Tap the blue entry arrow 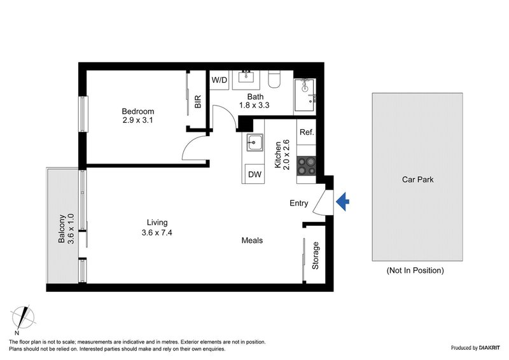(x=342, y=202)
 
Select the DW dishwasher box (x=254, y=174)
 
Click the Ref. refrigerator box (x=306, y=133)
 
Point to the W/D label (x=219, y=80)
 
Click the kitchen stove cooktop (x=306, y=165)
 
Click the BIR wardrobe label (x=198, y=102)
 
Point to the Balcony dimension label (x=67, y=228)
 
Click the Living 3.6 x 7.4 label (x=157, y=227)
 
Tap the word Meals (x=252, y=240)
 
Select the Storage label (x=315, y=254)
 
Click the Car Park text (x=417, y=179)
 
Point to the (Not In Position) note (x=415, y=270)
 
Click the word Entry (x=298, y=204)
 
